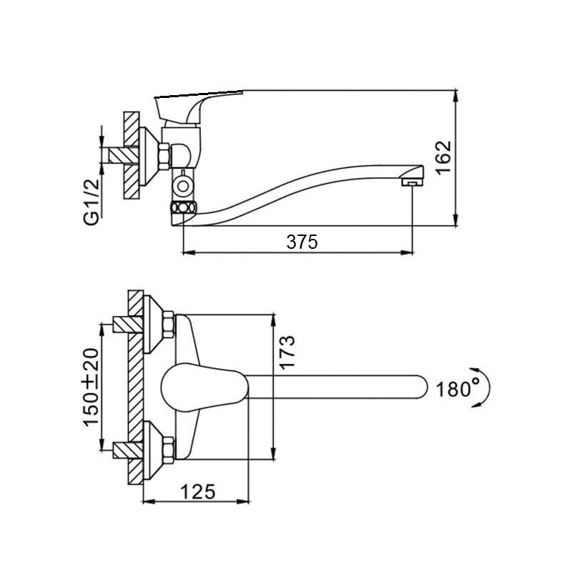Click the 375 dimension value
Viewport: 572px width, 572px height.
[302, 242]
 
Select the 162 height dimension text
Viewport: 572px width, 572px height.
[443, 157]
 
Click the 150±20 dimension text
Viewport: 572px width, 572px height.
[91, 388]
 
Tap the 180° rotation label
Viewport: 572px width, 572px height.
[458, 389]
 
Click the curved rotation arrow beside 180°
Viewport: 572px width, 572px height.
[485, 388]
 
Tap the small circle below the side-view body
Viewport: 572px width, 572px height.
[183, 186]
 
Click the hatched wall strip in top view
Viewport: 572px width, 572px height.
[135, 386]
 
